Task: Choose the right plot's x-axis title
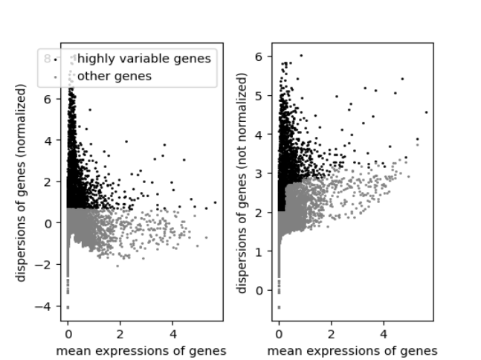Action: point(352,350)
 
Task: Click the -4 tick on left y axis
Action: point(48,306)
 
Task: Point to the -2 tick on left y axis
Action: point(48,264)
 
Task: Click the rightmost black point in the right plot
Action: point(426,112)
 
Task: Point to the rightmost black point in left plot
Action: point(215,202)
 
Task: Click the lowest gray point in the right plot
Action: point(279,307)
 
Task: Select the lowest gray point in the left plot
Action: point(68,307)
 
